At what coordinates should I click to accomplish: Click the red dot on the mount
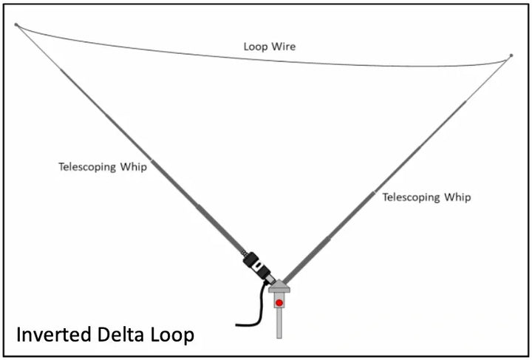click(279, 302)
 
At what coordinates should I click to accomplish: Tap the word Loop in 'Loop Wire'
click(255, 47)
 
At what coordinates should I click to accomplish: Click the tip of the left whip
click(16, 24)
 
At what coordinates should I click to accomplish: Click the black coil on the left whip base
click(253, 262)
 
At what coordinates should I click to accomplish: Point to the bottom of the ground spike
click(279, 336)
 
